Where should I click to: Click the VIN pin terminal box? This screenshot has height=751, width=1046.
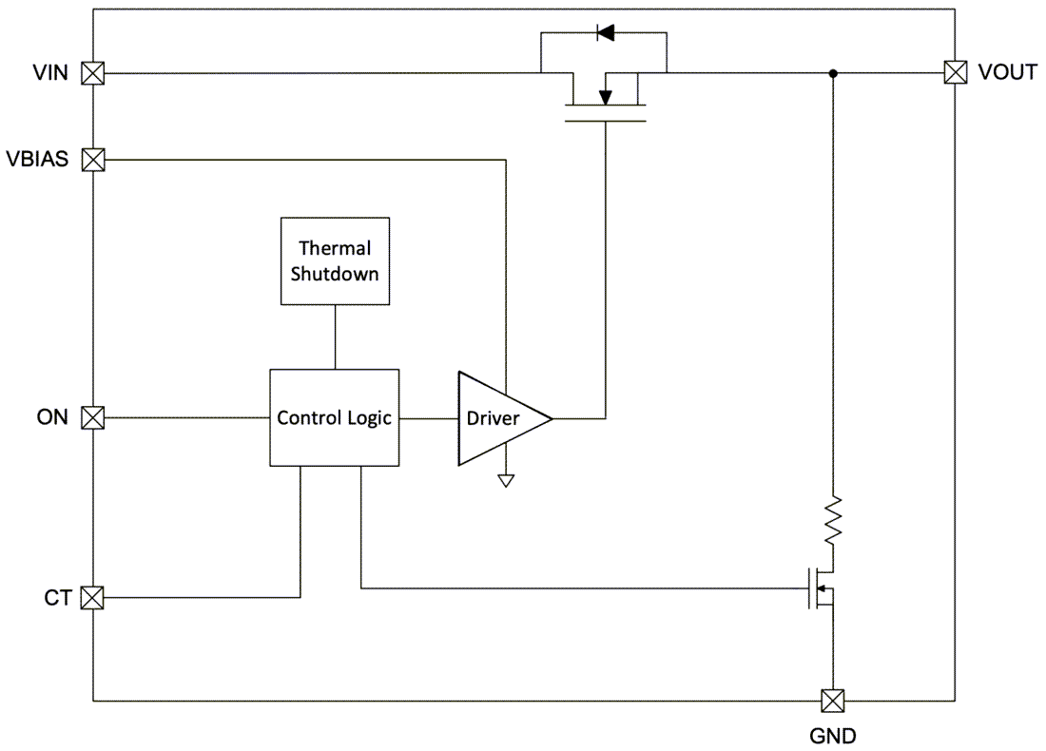point(93,73)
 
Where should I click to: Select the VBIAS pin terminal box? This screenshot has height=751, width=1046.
point(93,160)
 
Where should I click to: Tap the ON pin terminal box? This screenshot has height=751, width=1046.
point(93,417)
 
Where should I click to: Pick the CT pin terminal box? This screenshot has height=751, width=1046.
point(93,598)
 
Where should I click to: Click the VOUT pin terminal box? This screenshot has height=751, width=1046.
point(954,73)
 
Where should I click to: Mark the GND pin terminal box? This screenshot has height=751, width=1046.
point(832,702)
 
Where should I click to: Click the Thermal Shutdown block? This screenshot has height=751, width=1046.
point(334,260)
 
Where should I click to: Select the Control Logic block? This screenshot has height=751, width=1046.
point(334,417)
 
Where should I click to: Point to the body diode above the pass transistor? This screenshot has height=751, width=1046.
point(604,33)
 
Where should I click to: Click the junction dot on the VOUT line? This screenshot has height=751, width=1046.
point(833,73)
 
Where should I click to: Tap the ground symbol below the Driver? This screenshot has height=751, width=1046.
point(506,480)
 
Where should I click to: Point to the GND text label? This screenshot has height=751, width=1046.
point(832,735)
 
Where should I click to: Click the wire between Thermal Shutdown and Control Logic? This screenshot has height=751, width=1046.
point(334,337)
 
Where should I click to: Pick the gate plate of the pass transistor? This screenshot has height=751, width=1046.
point(605,121)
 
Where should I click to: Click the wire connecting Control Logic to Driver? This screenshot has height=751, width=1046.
point(429,417)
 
